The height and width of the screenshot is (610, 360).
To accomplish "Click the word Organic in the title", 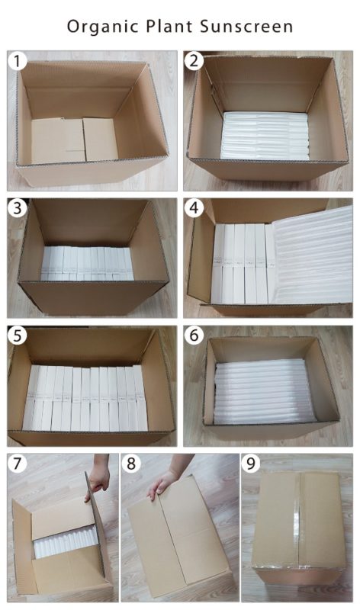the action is coord(103,27).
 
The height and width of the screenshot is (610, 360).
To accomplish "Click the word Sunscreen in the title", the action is coord(246,27).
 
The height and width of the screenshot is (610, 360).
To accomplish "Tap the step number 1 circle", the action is coord(17,61).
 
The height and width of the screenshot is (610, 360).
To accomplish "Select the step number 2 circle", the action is coord(194,61).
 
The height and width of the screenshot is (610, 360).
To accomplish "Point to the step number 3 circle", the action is coord(17,208).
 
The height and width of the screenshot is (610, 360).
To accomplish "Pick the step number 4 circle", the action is coord(194,208).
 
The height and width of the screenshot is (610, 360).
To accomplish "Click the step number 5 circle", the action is coord(17,335).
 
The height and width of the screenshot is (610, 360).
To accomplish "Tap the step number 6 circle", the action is coord(194,335).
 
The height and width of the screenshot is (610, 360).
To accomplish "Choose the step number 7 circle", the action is coord(17,464).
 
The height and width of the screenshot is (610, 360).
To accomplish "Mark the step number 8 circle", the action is coord(131,464).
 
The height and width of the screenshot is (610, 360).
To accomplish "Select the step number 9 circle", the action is coord(251,464).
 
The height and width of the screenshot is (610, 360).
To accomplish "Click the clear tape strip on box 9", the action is coord(298,522).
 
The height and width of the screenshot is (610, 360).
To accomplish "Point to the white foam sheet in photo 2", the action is coord(265,136).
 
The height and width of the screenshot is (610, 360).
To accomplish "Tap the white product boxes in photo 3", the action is coord(87,263).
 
